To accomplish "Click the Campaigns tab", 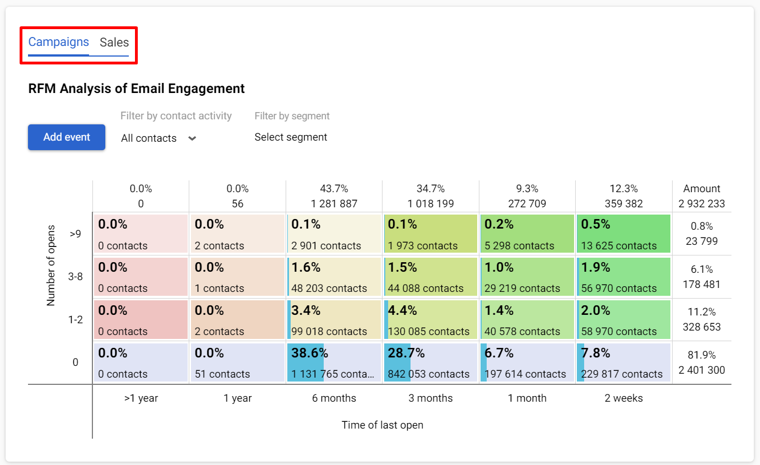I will [x=59, y=43].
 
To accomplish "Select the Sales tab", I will [x=114, y=43].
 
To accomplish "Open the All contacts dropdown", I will [x=158, y=138].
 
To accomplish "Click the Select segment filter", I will [x=291, y=137].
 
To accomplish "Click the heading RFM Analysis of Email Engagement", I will [x=136, y=89].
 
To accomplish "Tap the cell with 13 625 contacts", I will [x=623, y=234].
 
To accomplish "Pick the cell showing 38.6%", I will [x=334, y=362].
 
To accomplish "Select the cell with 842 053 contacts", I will [x=430, y=362].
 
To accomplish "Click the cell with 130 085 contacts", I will [x=430, y=319].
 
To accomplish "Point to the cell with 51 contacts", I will [x=237, y=362].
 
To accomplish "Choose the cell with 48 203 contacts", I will [x=334, y=277].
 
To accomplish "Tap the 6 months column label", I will [x=334, y=398].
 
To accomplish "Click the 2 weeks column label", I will [x=623, y=398].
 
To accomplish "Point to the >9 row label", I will [x=76, y=234].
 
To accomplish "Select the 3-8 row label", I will [x=76, y=277].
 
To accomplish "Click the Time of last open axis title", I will [x=383, y=425].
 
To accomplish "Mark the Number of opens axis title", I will [x=52, y=266].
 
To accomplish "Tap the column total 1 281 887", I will [x=334, y=203].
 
